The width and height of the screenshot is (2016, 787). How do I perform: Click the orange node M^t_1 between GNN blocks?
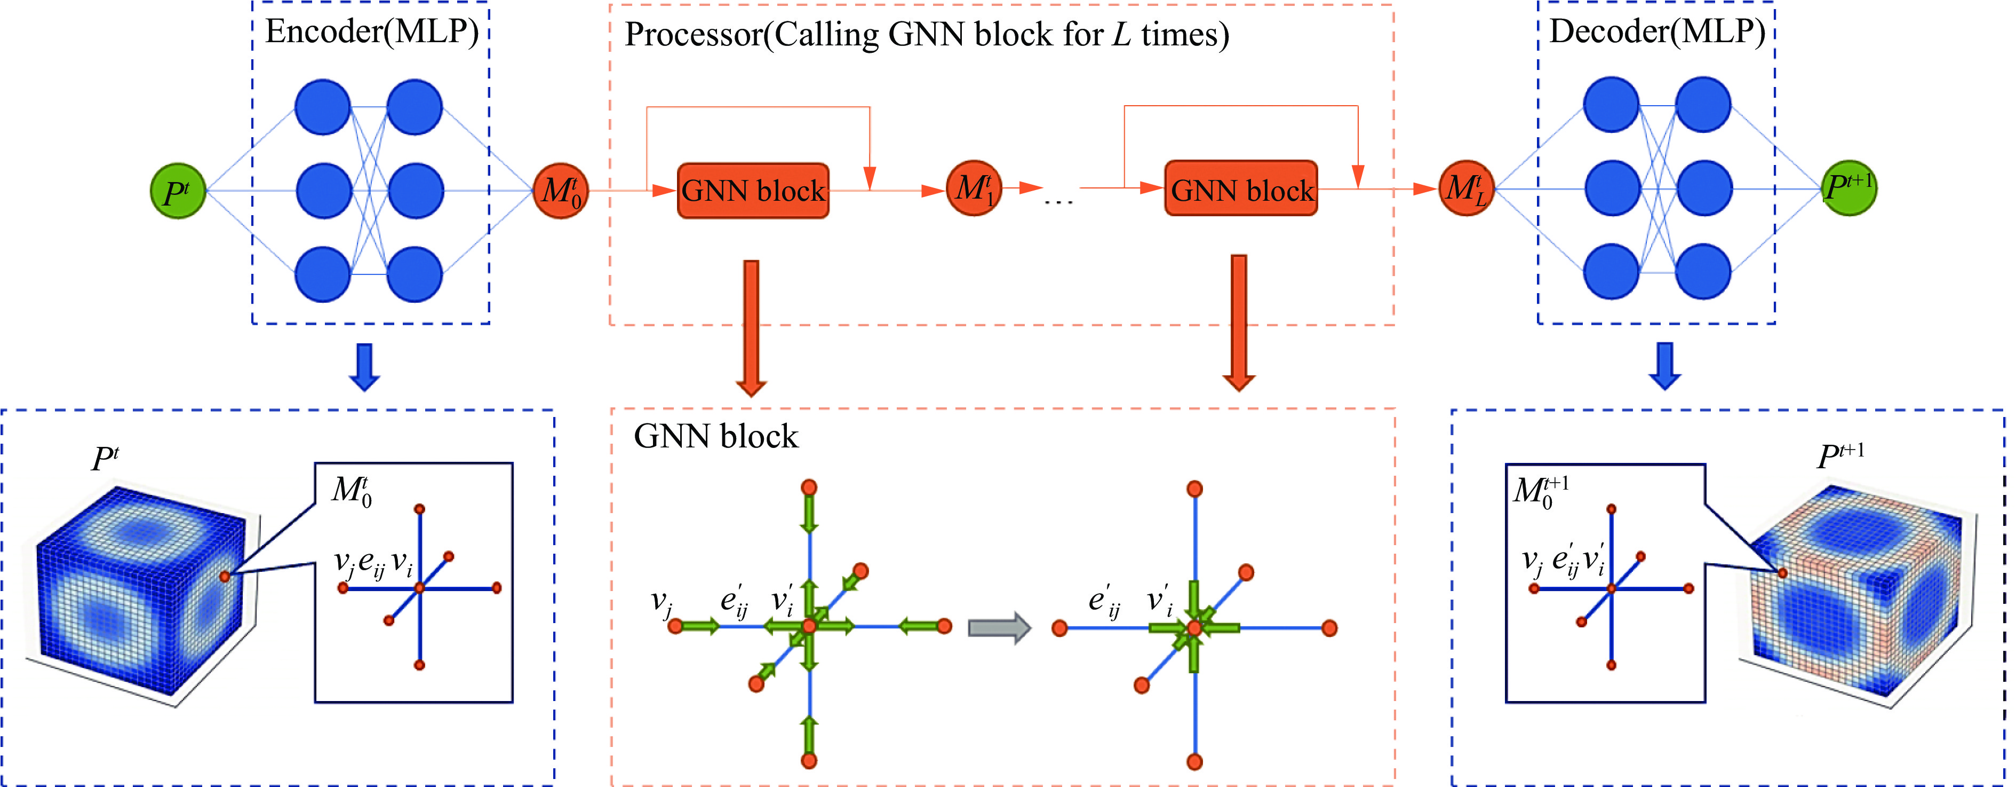click(x=974, y=188)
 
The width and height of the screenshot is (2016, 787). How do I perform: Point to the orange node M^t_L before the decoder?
click(x=1467, y=188)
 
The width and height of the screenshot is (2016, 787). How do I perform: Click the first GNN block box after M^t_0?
click(x=752, y=190)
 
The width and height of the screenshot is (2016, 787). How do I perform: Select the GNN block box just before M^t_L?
click(x=1241, y=188)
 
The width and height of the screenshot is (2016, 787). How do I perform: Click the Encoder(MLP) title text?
click(x=372, y=32)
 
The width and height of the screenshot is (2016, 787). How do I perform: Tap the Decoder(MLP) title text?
click(x=1657, y=32)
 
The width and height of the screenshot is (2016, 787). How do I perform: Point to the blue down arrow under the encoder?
click(x=365, y=366)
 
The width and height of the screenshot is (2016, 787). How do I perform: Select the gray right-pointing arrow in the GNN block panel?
click(x=999, y=627)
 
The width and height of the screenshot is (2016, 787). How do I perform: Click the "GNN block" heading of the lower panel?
click(x=715, y=436)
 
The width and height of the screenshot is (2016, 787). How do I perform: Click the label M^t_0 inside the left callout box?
click(x=352, y=491)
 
